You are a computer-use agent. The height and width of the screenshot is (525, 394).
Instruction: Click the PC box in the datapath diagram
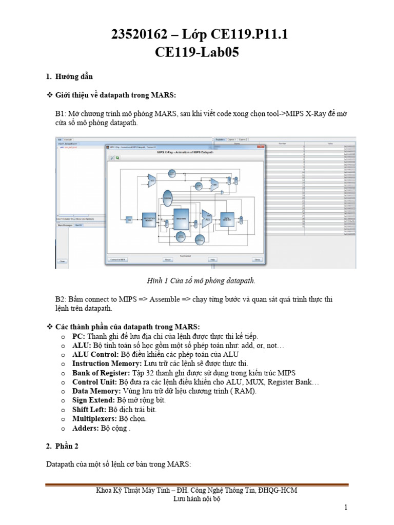coord(129,219)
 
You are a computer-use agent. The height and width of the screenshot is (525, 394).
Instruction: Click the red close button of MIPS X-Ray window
coord(262,147)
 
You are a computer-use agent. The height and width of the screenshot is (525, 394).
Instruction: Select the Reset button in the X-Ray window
coord(167,260)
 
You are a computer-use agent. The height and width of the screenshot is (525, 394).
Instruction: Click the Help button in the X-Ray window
coord(211,260)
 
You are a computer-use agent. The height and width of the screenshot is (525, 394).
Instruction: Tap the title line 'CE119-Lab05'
coord(196,52)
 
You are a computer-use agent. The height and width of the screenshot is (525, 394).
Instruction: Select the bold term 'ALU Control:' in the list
coord(95,354)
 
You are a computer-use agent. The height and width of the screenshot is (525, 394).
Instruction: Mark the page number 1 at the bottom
coord(346,508)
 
